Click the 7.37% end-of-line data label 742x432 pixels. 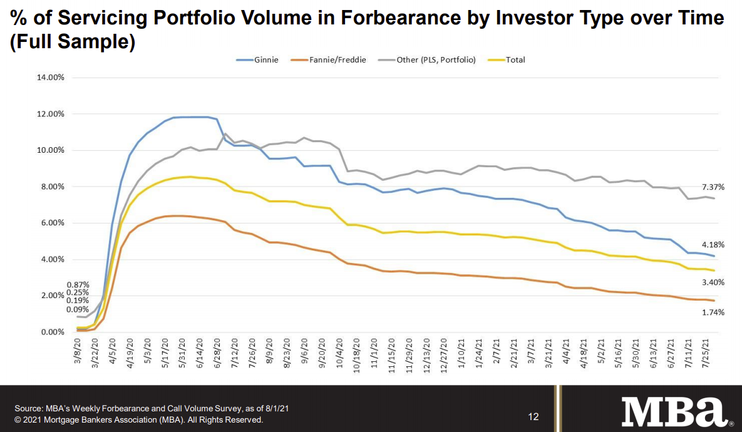click(712, 187)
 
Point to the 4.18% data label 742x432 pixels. click(712, 245)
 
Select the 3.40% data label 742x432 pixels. click(712, 282)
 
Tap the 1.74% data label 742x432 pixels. click(712, 312)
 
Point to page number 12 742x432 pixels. click(533, 417)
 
